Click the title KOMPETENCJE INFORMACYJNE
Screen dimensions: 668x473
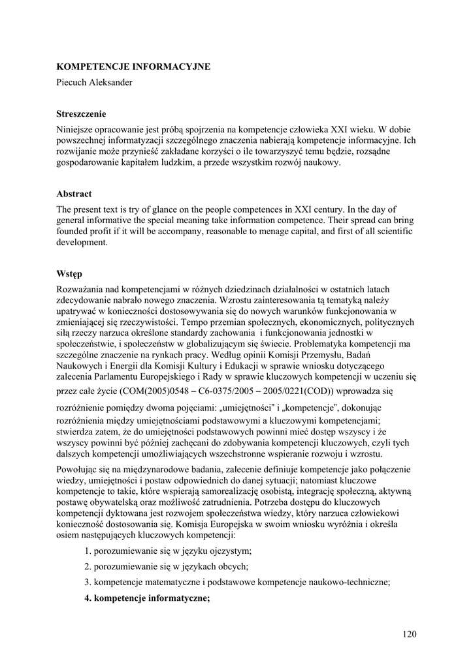tap(133, 67)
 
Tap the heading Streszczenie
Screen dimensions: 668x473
tap(81, 114)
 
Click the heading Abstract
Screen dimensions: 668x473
tap(74, 194)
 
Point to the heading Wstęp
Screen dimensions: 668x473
tap(69, 273)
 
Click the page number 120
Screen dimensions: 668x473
tap(410, 633)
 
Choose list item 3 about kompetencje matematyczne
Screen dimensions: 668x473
tap(236, 583)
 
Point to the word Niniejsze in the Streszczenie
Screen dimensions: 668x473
tap(76, 130)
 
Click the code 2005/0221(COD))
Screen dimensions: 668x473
tap(297, 391)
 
